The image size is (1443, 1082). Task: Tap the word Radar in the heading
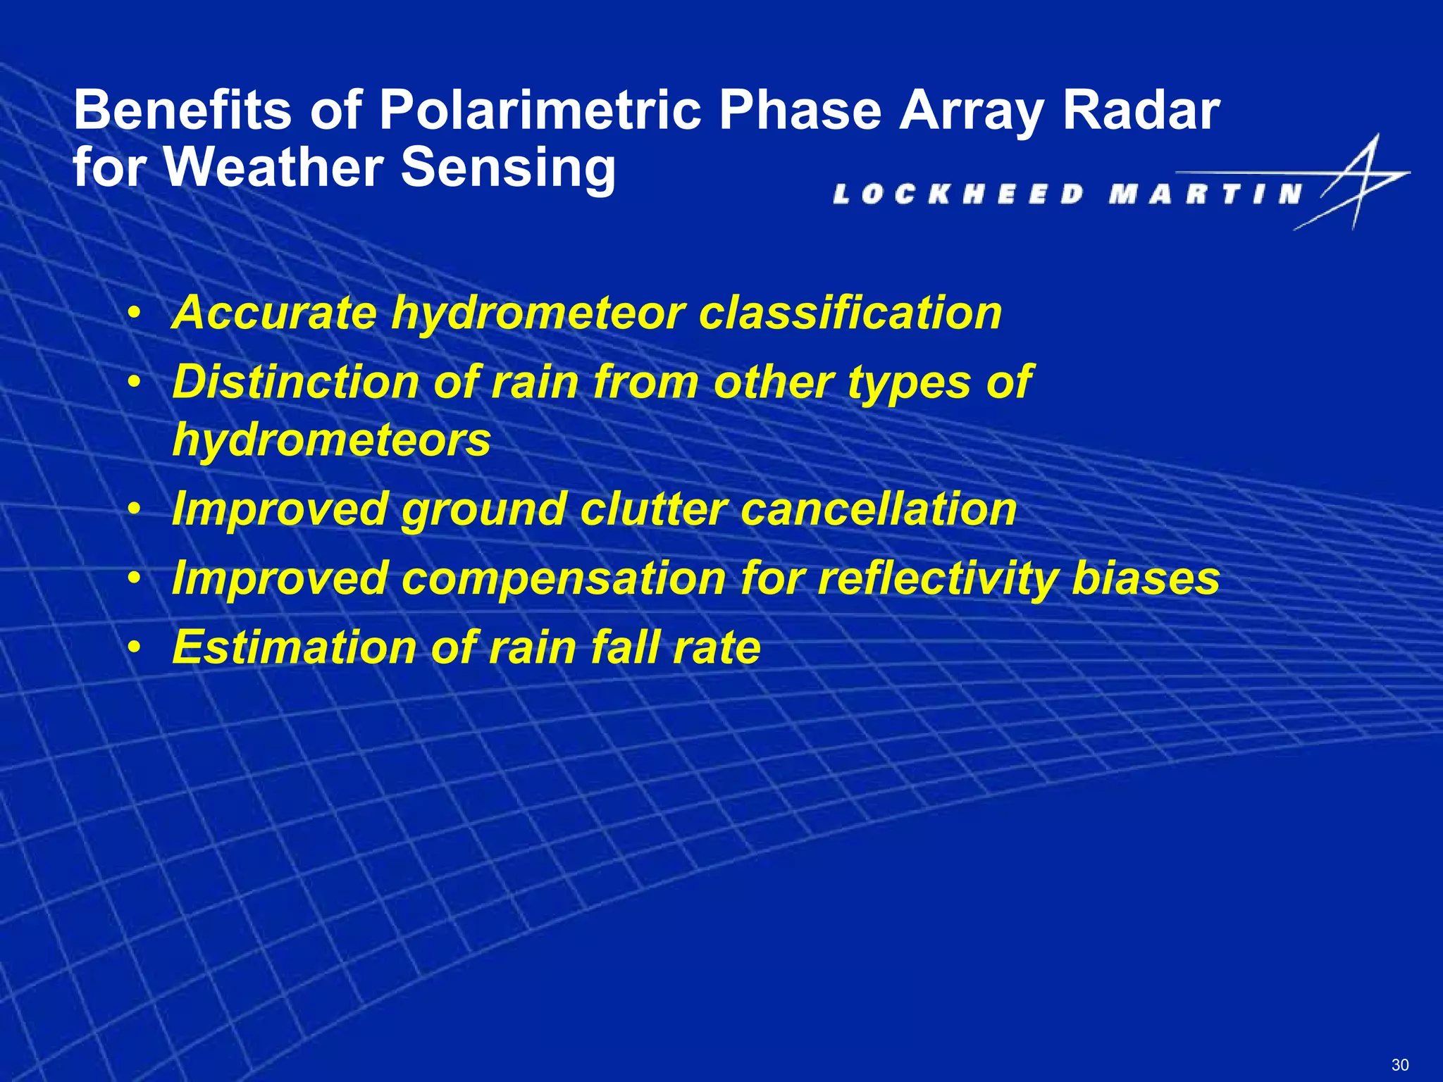pyautogui.click(x=1141, y=111)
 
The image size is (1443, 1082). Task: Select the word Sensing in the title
pyautogui.click(x=508, y=168)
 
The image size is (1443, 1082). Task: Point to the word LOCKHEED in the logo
pyautogui.click(x=958, y=194)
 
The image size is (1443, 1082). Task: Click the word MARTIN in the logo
pyautogui.click(x=1206, y=194)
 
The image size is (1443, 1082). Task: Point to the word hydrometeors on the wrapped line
pyautogui.click(x=331, y=440)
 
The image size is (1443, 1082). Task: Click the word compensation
pyautogui.click(x=564, y=578)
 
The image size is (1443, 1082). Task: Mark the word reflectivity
pyautogui.click(x=937, y=578)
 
